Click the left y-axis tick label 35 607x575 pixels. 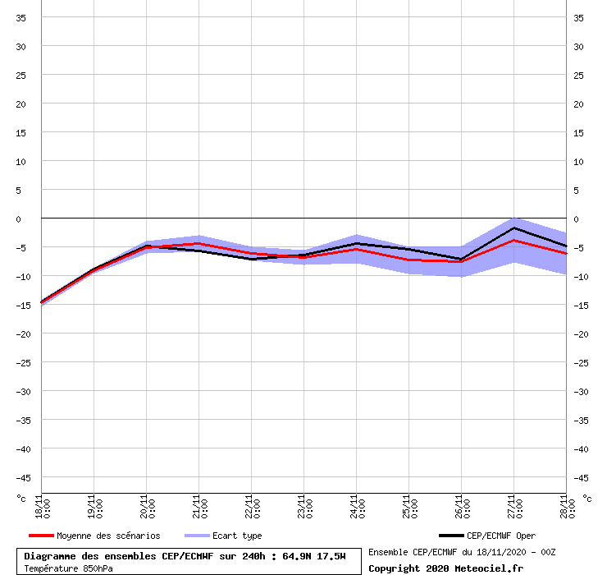(x=22, y=17)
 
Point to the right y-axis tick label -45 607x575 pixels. (x=579, y=477)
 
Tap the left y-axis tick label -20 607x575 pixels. (x=22, y=333)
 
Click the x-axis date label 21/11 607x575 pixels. (x=198, y=506)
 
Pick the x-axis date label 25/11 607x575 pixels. (x=408, y=506)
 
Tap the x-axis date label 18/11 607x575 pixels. (x=40, y=506)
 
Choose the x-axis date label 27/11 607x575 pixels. (x=513, y=506)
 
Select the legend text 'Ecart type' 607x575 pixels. (x=237, y=536)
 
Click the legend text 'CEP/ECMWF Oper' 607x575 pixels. (x=500, y=536)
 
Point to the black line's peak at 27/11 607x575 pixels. (x=513, y=228)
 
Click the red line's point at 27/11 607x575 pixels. (x=513, y=240)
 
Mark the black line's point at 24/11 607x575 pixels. (x=356, y=243)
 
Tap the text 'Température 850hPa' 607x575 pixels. (x=68, y=568)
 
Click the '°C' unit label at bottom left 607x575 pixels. (x=22, y=498)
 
